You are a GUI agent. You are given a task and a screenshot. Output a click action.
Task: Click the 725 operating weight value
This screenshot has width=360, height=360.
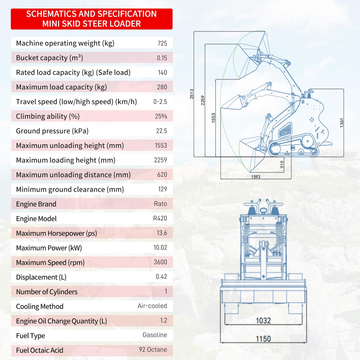point(162,43)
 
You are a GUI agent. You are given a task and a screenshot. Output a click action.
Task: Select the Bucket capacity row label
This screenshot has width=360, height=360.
point(49,58)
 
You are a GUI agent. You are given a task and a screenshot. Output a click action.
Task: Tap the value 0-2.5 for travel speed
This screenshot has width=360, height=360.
point(160,102)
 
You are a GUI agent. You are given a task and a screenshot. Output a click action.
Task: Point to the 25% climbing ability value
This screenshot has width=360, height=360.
point(161,116)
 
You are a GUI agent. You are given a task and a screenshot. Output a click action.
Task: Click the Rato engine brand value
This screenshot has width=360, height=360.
point(160,204)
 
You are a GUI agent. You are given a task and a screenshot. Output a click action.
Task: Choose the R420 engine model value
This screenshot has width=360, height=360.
point(160,218)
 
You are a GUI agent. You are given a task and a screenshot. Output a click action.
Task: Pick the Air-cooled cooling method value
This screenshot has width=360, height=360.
point(152,306)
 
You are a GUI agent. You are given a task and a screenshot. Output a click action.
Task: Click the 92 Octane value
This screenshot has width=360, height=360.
point(153,349)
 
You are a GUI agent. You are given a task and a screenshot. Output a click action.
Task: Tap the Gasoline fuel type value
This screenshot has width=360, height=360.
point(155,335)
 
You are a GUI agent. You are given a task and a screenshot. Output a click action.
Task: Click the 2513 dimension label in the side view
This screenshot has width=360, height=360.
point(192,94)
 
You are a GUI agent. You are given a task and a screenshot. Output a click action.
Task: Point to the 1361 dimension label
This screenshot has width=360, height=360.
point(341,123)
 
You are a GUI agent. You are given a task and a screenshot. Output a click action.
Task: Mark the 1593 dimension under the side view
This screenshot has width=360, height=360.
point(256,177)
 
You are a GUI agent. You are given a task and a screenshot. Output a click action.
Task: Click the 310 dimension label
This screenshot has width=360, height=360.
point(282,164)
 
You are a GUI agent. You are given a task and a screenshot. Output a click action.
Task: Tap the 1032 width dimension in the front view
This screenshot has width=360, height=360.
point(263,321)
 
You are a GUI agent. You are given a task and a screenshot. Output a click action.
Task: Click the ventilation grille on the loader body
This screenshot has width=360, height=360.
point(285,130)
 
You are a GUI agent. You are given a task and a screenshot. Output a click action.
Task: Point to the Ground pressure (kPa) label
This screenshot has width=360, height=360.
point(52,131)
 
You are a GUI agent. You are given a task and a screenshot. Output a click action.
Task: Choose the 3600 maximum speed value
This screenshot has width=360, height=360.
point(160,262)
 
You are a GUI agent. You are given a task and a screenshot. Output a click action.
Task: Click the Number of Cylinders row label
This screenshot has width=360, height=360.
point(47,292)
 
